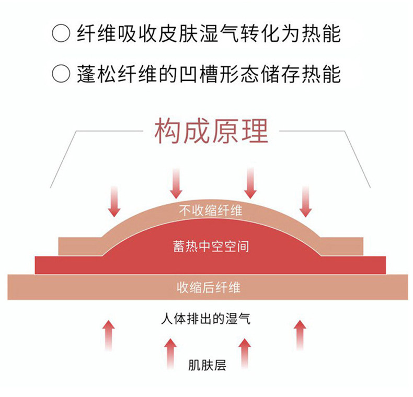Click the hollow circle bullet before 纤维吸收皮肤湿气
pos(61,34)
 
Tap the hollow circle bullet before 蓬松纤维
pos(61,73)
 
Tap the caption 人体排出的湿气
pos(205,318)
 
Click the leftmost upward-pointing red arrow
pos(108,334)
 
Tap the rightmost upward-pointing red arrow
pos(300,334)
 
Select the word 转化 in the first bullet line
pos(274,34)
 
